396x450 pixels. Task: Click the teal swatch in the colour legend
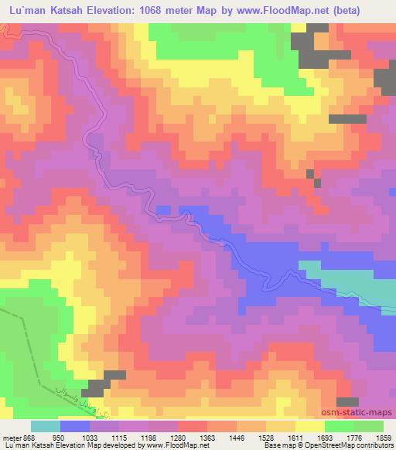tap(45, 426)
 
